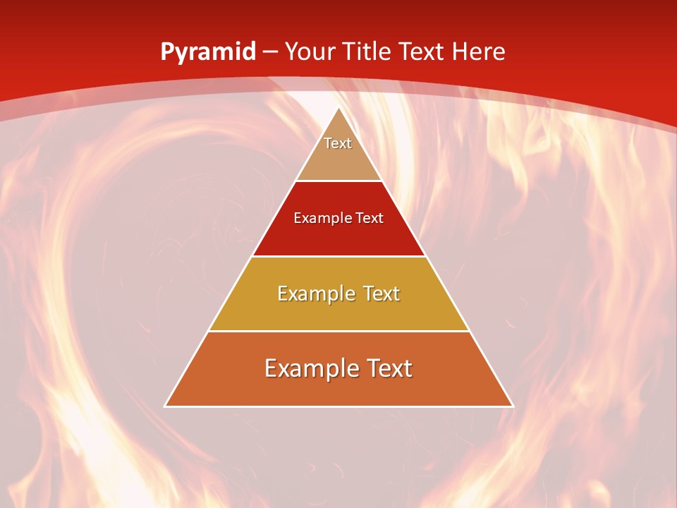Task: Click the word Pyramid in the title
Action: (x=208, y=52)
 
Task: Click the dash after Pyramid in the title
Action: (x=269, y=52)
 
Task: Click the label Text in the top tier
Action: (x=338, y=143)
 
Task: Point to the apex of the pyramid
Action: (x=339, y=108)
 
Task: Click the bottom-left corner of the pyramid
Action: (x=166, y=406)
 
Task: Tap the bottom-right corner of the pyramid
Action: (x=513, y=406)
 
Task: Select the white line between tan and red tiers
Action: (x=338, y=181)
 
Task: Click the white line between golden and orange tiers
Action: (x=338, y=331)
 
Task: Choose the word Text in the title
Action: (x=424, y=52)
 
